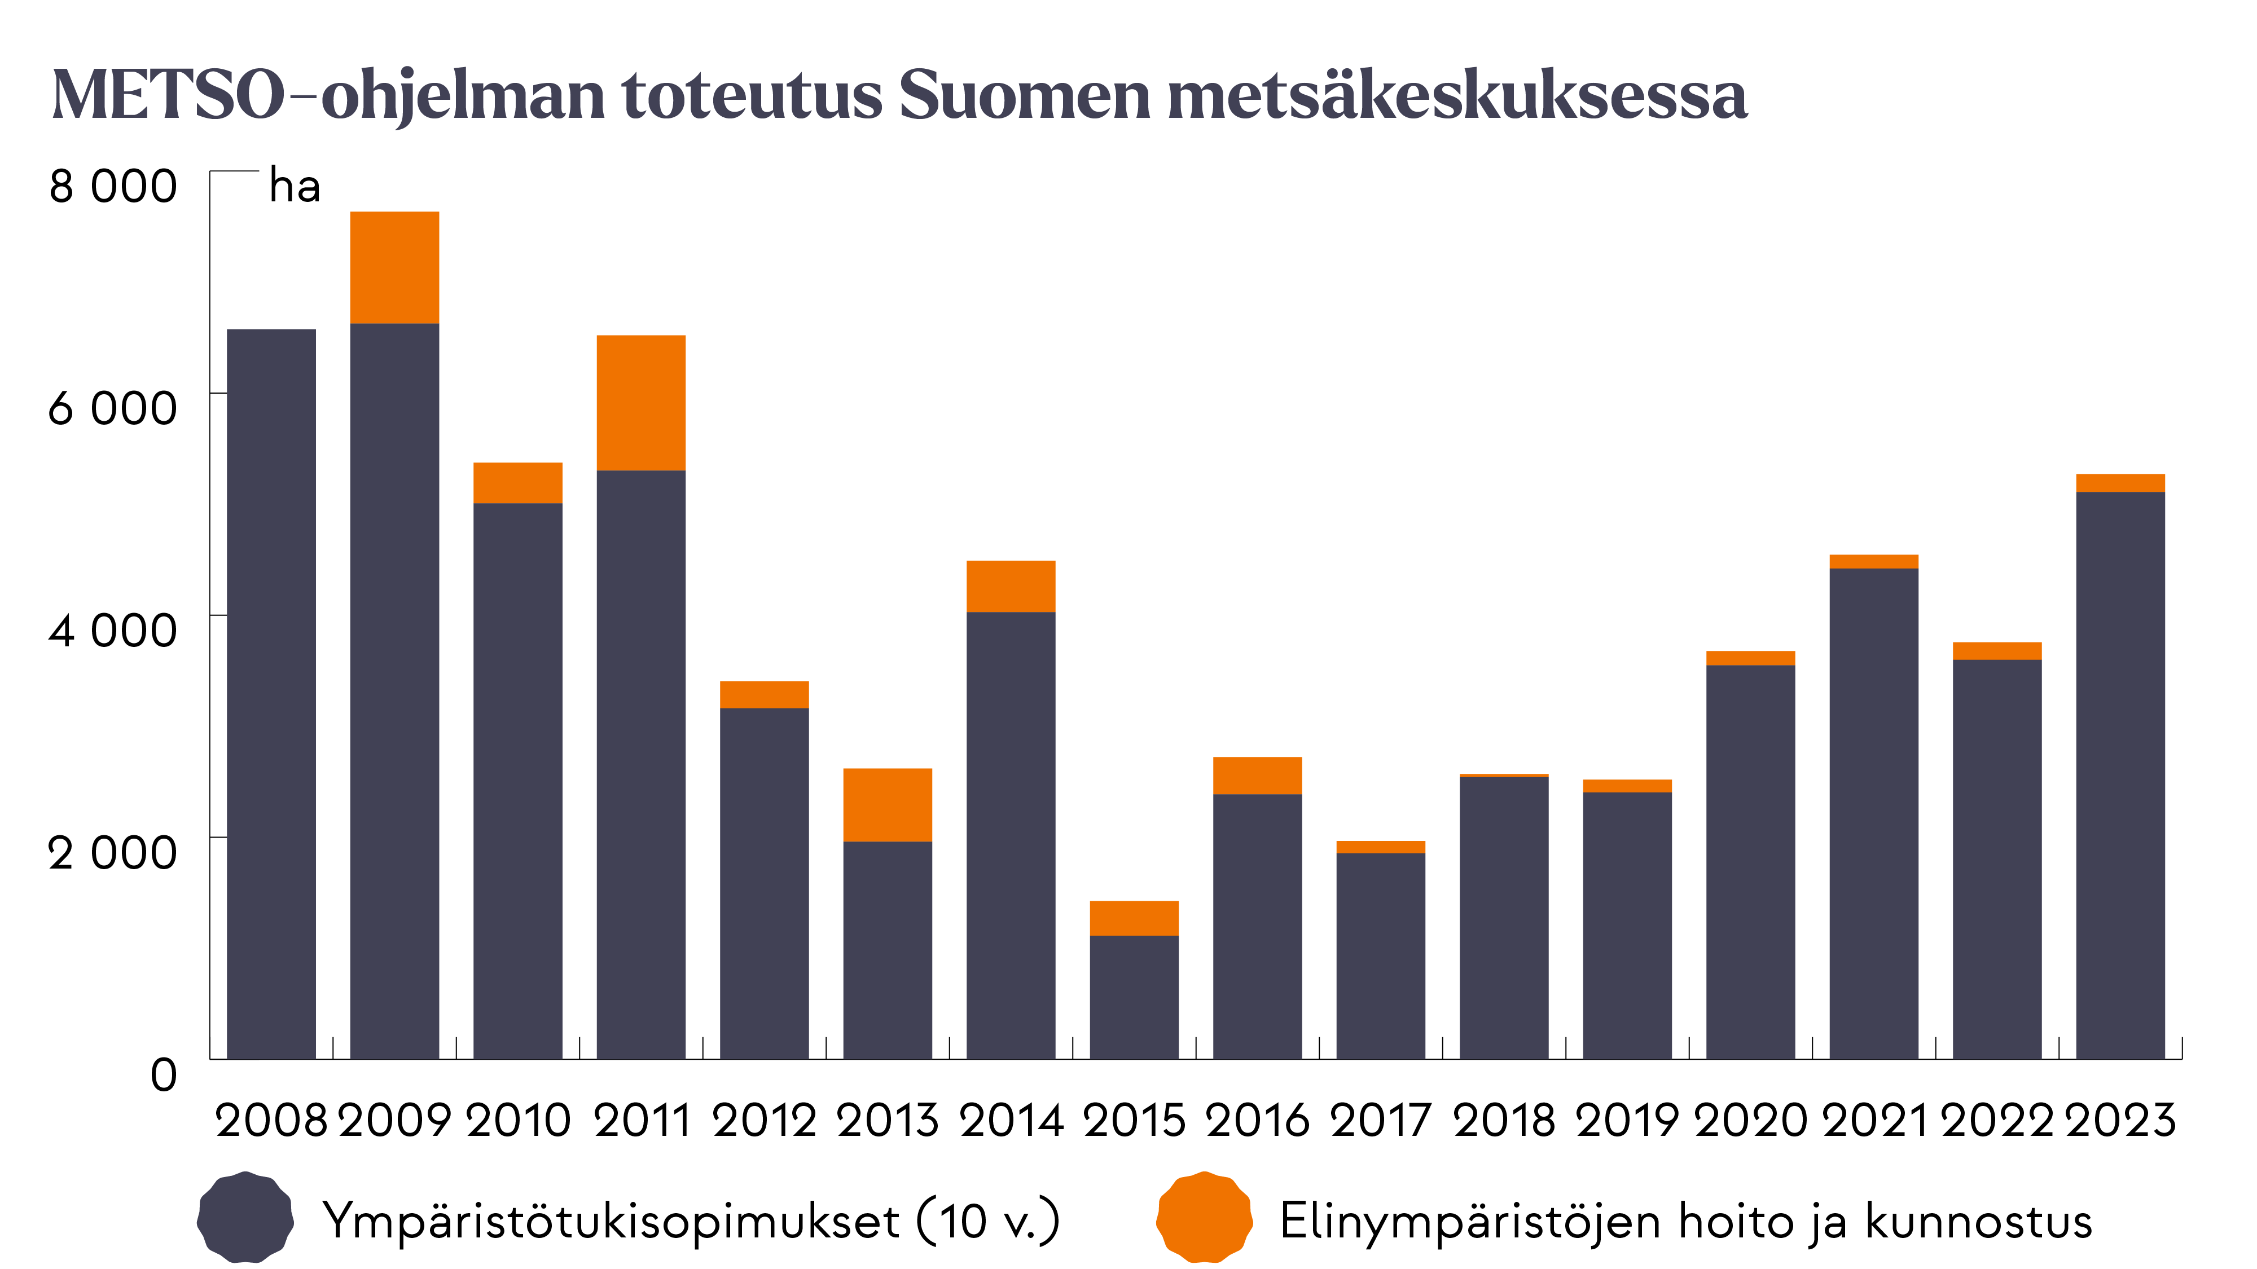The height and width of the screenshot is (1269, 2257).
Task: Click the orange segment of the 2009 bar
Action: [394, 268]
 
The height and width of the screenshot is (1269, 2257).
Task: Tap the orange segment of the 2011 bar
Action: [640, 403]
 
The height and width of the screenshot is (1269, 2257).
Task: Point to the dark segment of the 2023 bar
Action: [2120, 775]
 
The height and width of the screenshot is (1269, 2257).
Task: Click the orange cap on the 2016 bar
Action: [1257, 775]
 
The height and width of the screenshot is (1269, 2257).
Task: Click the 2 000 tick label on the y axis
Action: [113, 852]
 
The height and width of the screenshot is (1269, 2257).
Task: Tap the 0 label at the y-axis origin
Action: [164, 1074]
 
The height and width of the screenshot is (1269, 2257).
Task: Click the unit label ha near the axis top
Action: [295, 187]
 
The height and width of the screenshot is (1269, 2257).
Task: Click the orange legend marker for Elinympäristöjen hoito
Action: [1204, 1218]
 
